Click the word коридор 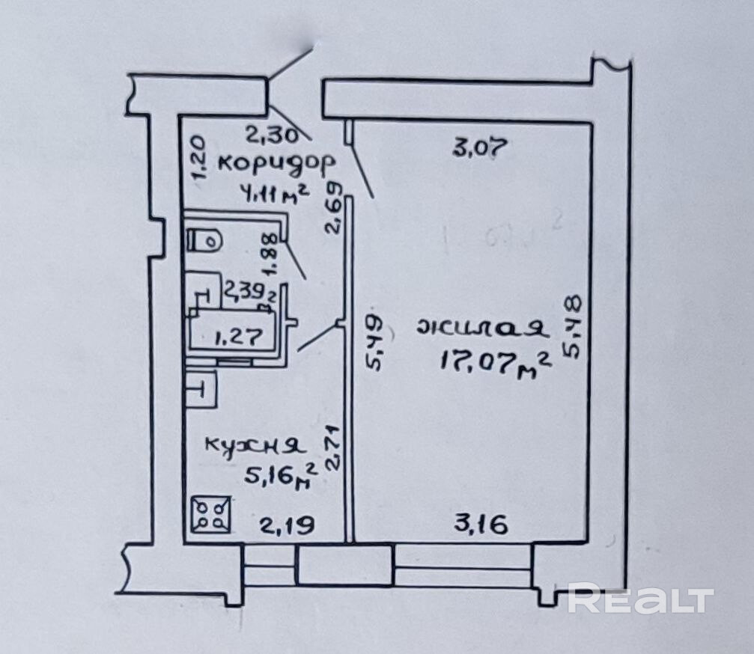tap(273, 162)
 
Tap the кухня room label tap(255, 446)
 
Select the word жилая tap(482, 329)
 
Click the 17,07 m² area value tap(496, 364)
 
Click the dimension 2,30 tap(273, 135)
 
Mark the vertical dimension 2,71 tap(334, 447)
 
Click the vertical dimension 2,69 tap(335, 210)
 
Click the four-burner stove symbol tap(210, 515)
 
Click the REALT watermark tap(640, 599)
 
